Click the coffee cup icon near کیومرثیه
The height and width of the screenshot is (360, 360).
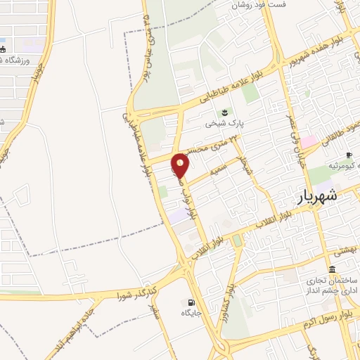click(347, 155)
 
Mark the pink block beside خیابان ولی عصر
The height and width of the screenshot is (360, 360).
click(307, 141)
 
